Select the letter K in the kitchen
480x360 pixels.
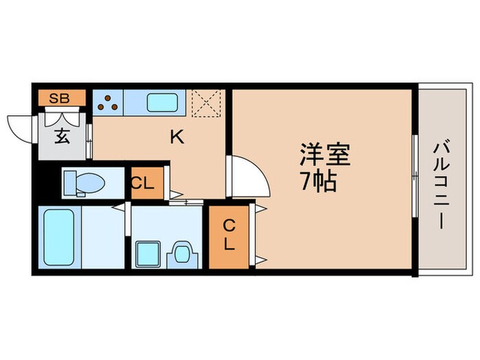point(177,137)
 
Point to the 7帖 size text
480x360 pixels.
point(317,182)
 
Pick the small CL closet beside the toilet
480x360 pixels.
point(145,183)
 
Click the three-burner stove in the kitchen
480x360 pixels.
point(108,101)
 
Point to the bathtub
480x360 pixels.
point(58,237)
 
